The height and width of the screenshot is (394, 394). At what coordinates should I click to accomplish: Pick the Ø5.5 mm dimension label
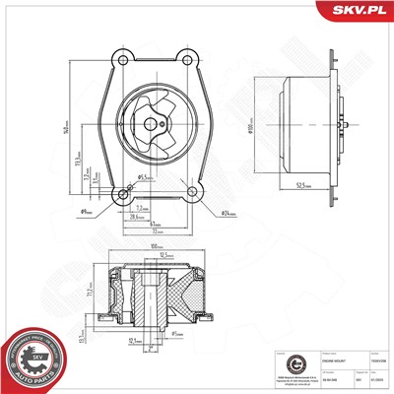click(x=143, y=177)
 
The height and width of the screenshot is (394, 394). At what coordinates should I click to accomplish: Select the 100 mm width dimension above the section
click(x=154, y=245)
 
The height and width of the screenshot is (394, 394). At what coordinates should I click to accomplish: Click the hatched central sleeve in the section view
click(x=150, y=300)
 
